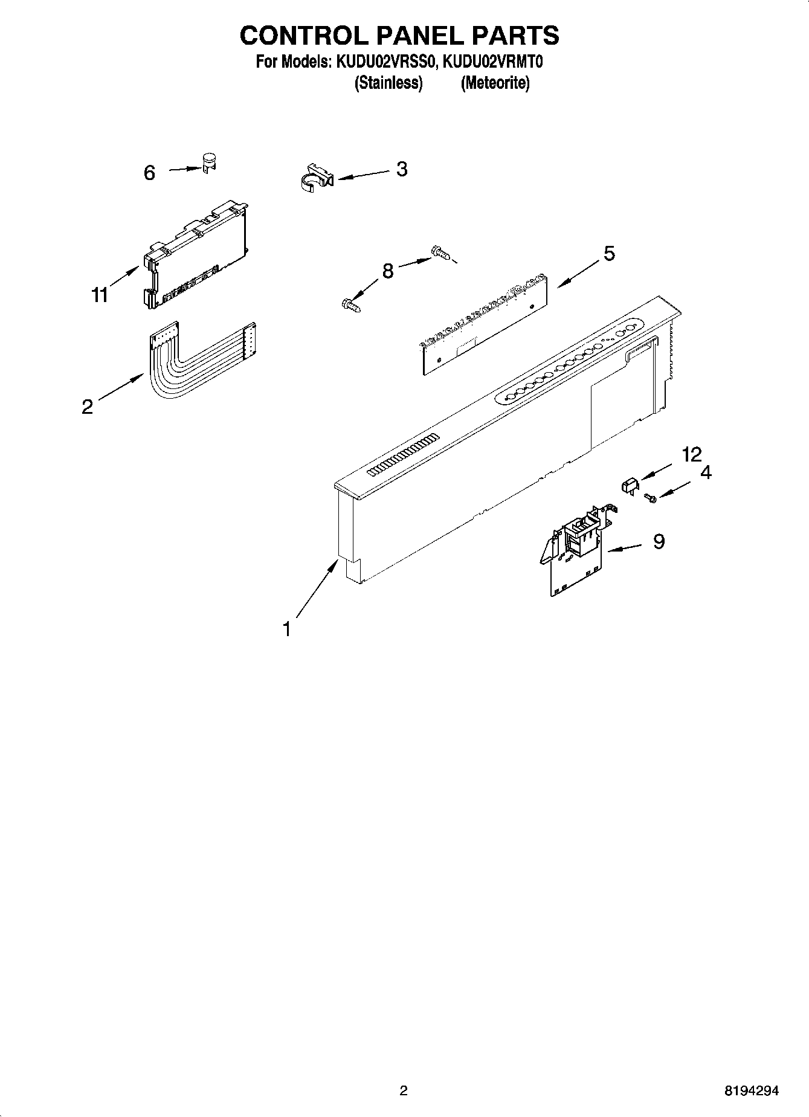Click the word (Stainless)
388,83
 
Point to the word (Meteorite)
495,83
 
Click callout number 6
149,173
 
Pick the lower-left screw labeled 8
352,305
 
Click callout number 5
609,254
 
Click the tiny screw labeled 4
650,497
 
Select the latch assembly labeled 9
577,553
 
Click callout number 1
287,629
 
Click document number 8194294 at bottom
752,1090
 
